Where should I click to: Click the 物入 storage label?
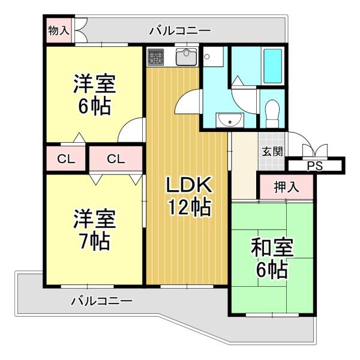[59, 31]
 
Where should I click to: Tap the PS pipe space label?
[315, 166]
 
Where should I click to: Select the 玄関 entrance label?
[272, 152]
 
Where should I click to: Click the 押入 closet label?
[287, 187]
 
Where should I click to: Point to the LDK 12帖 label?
[189, 196]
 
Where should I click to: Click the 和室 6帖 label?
[272, 258]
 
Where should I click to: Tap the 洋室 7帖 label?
[94, 230]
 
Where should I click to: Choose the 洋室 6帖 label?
[94, 94]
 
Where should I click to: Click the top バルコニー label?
[180, 31]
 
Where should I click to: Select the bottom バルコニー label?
[102, 301]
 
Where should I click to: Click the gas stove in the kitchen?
[155, 57]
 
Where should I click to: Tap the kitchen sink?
[187, 56]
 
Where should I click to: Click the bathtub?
[272, 66]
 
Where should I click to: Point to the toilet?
[272, 113]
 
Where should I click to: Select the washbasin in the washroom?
[230, 120]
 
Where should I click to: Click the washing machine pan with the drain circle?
[213, 57]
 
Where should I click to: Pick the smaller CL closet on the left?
[66, 158]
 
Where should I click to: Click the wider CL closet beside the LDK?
[116, 158]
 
